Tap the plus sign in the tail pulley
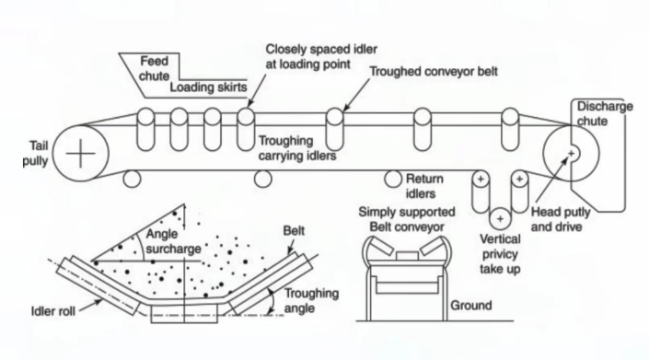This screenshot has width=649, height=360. click(x=82, y=153)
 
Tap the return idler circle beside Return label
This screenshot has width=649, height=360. click(x=393, y=177)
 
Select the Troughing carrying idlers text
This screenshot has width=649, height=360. click(x=296, y=148)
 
